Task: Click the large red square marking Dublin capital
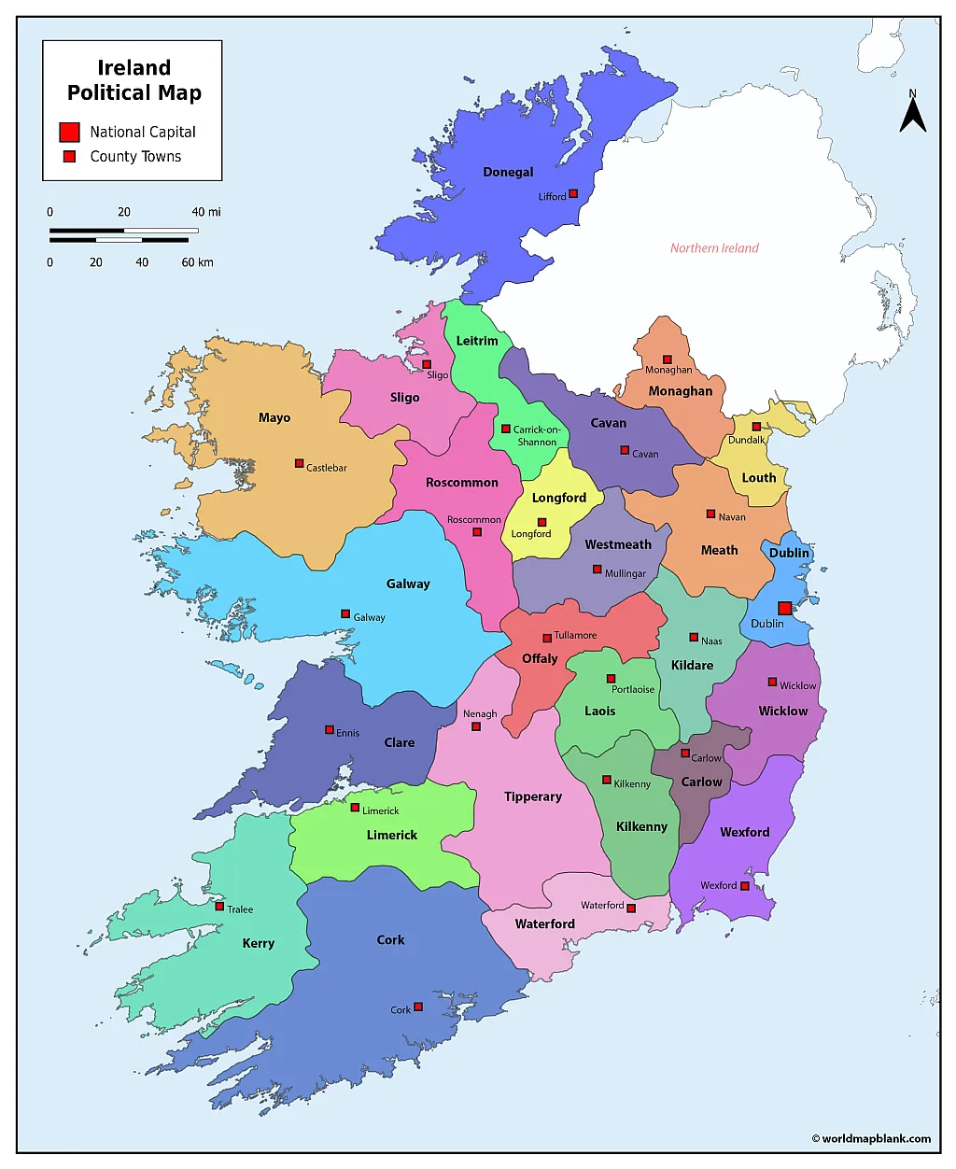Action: (x=785, y=608)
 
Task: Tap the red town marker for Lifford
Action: (x=573, y=194)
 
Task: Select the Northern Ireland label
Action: (x=714, y=248)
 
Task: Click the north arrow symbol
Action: (x=912, y=113)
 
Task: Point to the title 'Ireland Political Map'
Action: (x=134, y=80)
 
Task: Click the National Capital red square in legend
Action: (x=69, y=132)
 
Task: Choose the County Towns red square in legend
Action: (x=69, y=157)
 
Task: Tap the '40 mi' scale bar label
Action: (x=206, y=212)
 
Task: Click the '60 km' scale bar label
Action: (x=197, y=262)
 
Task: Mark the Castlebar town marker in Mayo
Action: (x=299, y=463)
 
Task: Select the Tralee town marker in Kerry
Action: (x=219, y=907)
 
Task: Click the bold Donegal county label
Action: (x=508, y=172)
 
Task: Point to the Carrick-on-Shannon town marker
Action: (x=506, y=430)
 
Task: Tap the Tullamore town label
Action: (x=575, y=635)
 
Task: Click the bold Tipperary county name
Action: (x=533, y=796)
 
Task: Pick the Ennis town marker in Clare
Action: (x=329, y=730)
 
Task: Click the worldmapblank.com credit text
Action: (x=871, y=1138)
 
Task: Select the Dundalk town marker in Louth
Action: (x=756, y=427)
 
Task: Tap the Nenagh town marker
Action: (x=476, y=726)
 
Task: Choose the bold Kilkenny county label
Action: (x=641, y=826)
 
